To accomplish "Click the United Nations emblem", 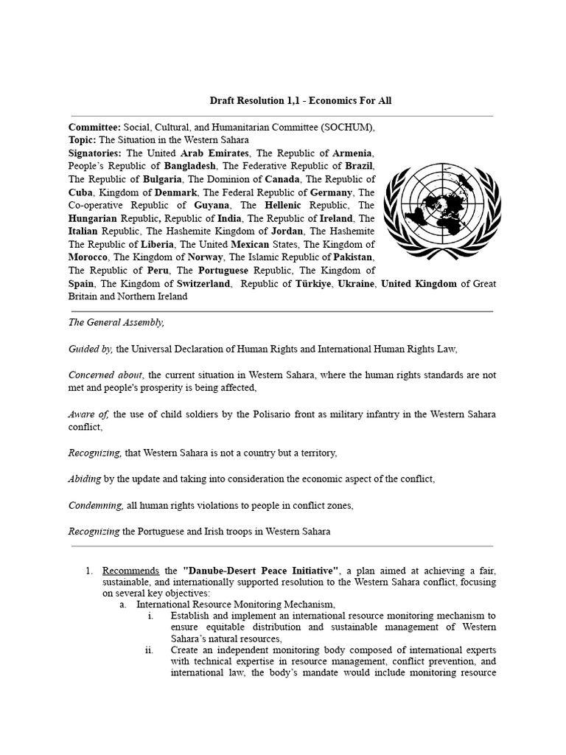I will pos(439,212).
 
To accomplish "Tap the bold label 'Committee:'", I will pos(95,127).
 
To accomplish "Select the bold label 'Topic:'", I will pos(83,140).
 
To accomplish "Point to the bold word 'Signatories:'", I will pos(97,153).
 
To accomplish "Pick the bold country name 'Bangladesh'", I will pos(190,166).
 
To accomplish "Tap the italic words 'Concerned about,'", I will pos(105,375).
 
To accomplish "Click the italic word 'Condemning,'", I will pos(96,505).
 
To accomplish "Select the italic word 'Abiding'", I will pos(85,479).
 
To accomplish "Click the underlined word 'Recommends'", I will pos(130,571).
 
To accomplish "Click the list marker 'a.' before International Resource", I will pos(123,605).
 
